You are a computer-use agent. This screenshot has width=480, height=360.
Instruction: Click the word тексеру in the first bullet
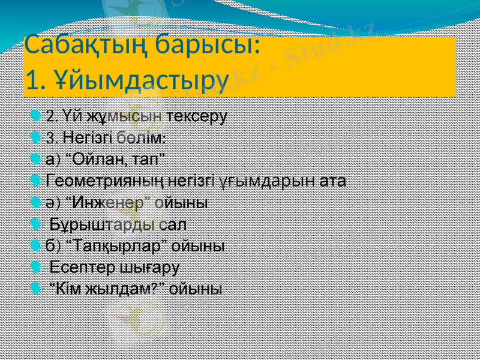[196, 115]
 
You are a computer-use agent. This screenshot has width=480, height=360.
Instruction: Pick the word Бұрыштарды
[103, 224]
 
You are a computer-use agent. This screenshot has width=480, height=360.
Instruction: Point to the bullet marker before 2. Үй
[38, 115]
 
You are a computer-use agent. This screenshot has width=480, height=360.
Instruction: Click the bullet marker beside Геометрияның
[38, 181]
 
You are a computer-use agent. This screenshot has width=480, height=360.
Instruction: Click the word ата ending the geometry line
[332, 181]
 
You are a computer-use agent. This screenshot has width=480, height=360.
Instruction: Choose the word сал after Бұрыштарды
[173, 224]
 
